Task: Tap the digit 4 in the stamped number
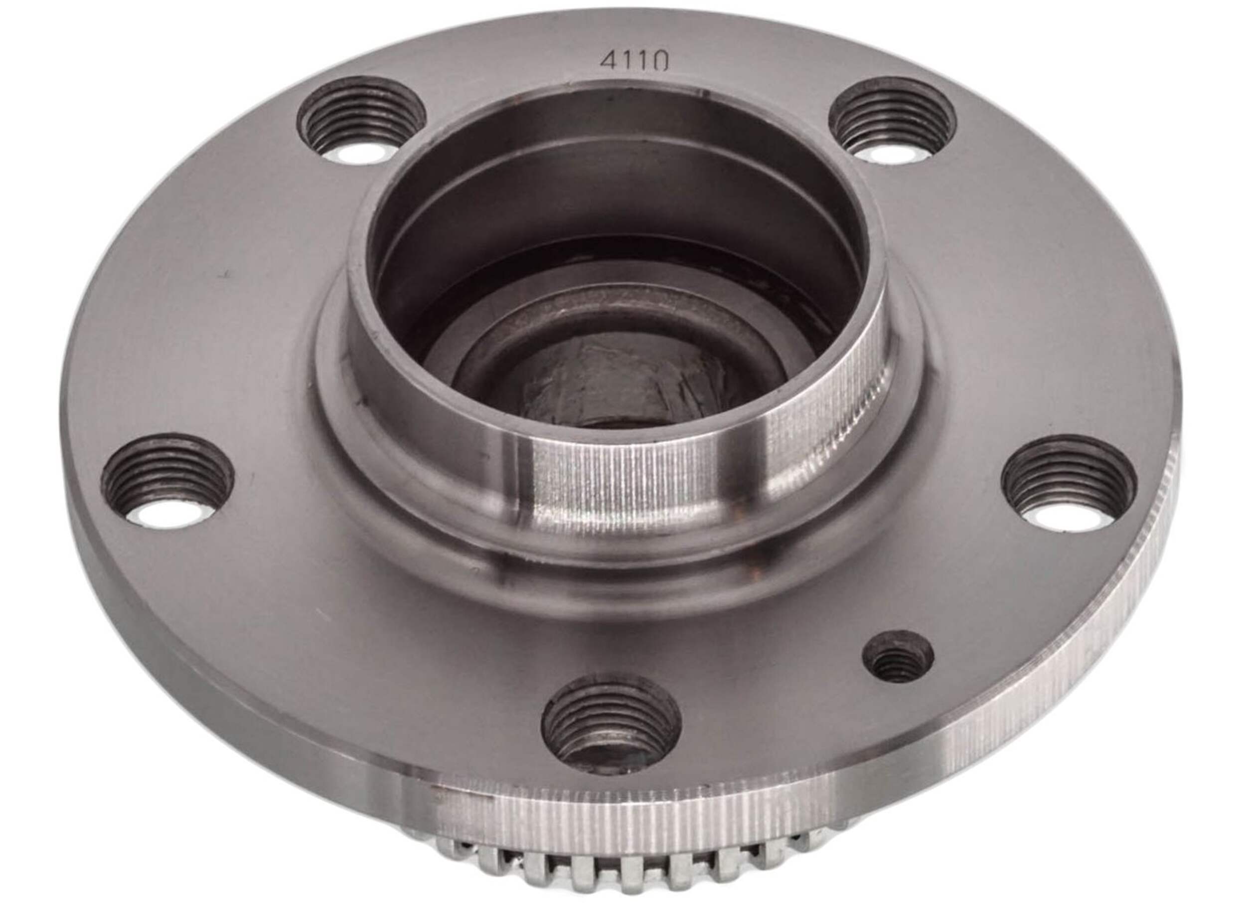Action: [608, 61]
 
